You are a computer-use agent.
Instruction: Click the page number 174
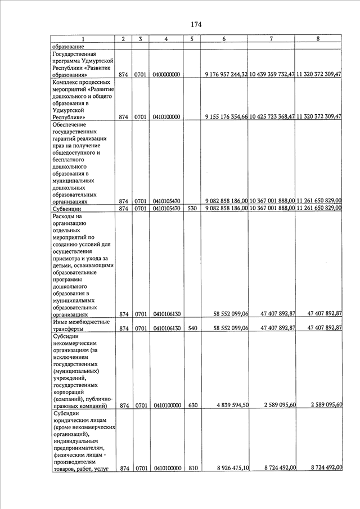(196, 24)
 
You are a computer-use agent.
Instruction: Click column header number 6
(224, 38)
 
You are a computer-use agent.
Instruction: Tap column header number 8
(318, 38)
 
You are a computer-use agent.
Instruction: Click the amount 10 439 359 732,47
(272, 75)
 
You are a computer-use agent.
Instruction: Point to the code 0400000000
(166, 75)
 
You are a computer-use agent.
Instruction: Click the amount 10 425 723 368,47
(272, 117)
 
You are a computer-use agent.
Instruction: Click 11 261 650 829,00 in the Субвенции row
(319, 208)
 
